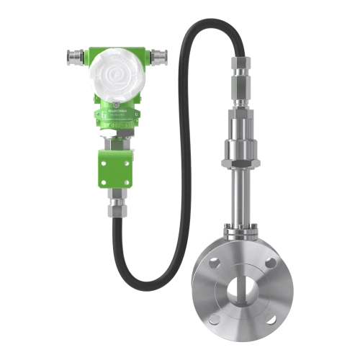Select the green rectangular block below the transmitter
point(112,168)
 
